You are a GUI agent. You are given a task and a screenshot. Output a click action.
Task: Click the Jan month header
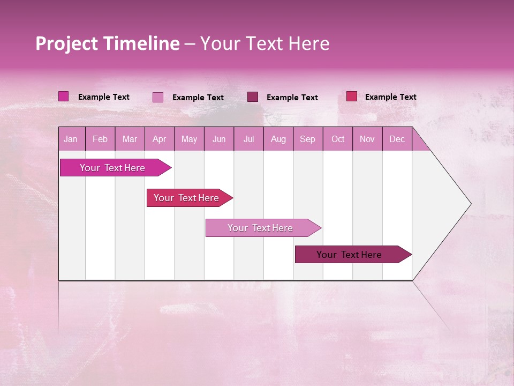pos(71,139)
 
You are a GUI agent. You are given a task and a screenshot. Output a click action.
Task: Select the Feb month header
pos(100,139)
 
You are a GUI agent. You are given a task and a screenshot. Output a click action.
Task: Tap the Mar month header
pos(130,139)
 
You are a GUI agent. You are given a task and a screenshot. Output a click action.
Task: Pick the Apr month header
pos(159,139)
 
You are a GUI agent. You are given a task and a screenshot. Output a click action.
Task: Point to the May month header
pos(189,139)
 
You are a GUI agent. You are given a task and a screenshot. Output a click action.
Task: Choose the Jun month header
pos(219,139)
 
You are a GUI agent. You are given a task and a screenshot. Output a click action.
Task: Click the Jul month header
pos(248,139)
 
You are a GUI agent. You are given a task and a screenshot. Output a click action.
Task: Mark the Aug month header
pos(278,139)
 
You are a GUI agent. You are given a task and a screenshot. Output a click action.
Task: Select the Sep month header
pos(307,139)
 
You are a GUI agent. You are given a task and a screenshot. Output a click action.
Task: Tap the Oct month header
pos(338,139)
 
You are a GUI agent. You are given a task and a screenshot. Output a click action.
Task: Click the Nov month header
pos(367,139)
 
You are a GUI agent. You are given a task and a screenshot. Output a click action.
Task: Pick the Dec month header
pos(397,139)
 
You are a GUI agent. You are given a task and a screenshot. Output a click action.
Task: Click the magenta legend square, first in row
pos(63,96)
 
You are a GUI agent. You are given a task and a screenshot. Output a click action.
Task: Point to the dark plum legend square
pos(253,97)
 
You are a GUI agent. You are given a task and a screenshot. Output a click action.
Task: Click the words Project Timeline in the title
pos(107,43)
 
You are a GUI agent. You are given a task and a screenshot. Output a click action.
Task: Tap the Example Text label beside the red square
pos(390,97)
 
